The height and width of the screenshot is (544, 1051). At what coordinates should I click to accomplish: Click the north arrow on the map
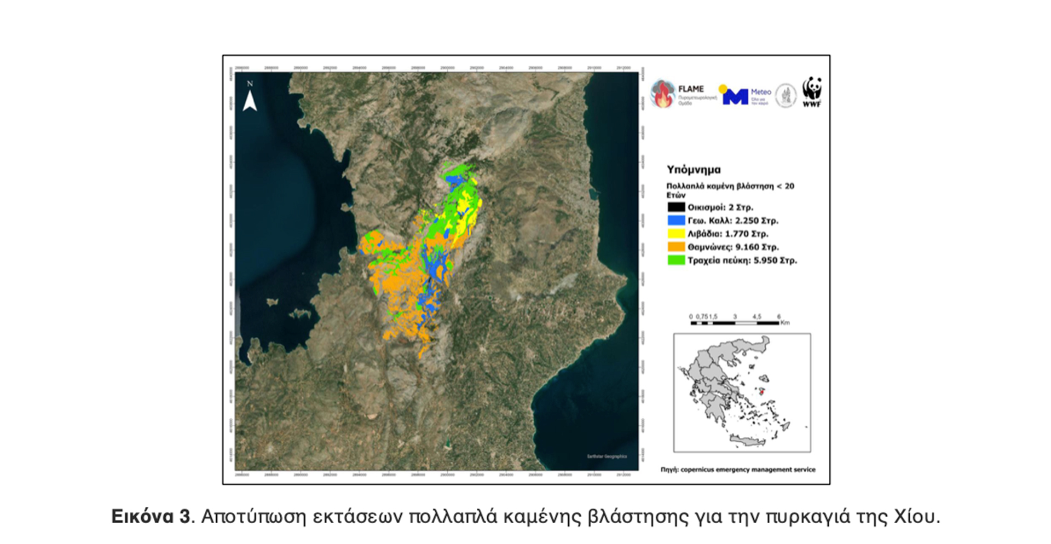click(250, 99)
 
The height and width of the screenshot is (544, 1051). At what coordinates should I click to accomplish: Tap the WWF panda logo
click(812, 90)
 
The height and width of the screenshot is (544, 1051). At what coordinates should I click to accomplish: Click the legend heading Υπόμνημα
click(694, 170)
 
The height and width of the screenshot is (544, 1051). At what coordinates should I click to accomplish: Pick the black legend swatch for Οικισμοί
click(676, 207)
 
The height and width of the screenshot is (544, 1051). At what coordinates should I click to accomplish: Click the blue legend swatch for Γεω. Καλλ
click(676, 221)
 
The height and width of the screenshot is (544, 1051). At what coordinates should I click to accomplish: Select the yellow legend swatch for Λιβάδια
click(676, 234)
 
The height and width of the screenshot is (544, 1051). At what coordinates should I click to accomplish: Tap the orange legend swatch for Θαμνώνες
click(676, 247)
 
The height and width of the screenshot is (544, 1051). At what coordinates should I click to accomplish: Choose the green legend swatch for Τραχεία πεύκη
click(676, 261)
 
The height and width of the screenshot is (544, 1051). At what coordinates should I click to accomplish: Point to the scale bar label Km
click(785, 323)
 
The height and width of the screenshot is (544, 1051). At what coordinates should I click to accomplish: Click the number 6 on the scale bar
click(778, 316)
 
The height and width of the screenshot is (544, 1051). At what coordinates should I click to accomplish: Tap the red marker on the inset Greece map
click(763, 391)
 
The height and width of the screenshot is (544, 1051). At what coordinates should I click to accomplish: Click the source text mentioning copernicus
click(738, 470)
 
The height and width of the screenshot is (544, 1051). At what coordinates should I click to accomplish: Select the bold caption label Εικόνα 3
click(151, 517)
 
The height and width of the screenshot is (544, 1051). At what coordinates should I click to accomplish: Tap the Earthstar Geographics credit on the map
click(607, 456)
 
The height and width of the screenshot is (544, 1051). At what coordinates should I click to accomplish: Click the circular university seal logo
click(786, 96)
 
